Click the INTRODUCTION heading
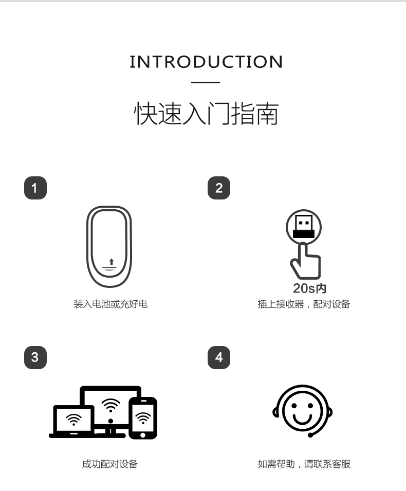206,62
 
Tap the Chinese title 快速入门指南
206,113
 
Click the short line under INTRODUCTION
206,82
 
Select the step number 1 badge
35,188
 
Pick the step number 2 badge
219,188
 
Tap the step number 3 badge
35,358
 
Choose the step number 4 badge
219,358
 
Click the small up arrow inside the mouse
112,262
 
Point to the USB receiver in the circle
304,227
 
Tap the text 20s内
309,288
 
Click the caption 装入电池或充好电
110,304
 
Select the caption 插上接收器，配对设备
304,304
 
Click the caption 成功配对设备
110,464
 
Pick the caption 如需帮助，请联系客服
304,464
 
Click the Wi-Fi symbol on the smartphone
143,418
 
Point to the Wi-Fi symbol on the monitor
110,406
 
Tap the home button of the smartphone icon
143,435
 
